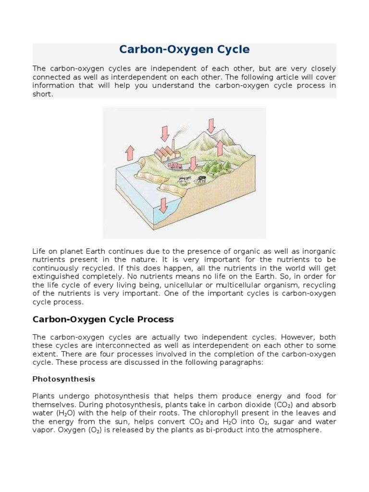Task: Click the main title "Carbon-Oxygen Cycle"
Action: point(184,49)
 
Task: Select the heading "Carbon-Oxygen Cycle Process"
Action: point(103,319)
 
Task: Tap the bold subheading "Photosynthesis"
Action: point(63,379)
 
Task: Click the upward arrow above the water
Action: point(129,152)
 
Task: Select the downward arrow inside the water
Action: point(163,205)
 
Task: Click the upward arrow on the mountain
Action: point(220,148)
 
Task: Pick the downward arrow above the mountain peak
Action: point(210,125)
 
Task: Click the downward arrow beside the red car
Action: point(193,164)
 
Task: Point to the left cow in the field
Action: point(183,180)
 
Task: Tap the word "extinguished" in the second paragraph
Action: point(56,276)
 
